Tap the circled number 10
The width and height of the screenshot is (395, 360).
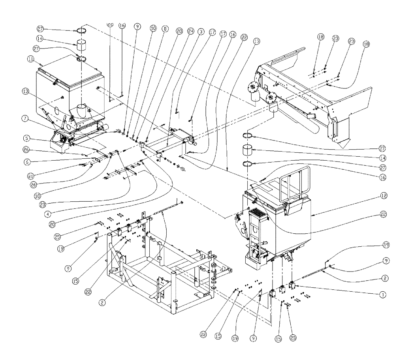coord(153,28)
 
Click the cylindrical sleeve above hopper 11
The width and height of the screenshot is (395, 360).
coord(83,45)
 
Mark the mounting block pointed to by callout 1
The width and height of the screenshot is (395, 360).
coord(293,285)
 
